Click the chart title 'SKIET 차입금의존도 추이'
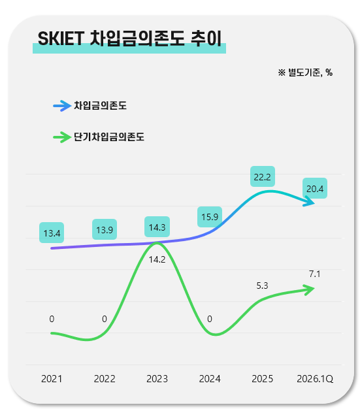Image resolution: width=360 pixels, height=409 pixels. click(x=129, y=39)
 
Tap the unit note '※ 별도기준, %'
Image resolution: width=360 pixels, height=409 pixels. click(x=305, y=73)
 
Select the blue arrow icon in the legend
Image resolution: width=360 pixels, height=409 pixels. click(x=62, y=106)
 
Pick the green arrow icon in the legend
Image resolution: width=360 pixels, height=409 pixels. click(x=62, y=137)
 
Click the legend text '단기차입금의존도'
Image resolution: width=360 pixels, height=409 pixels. click(x=109, y=137)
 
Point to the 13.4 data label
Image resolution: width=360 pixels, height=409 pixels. click(x=52, y=233)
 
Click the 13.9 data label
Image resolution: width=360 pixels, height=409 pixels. click(x=105, y=229)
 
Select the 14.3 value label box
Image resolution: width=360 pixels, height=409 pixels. click(x=157, y=227)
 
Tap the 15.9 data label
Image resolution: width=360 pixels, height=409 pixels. click(x=210, y=217)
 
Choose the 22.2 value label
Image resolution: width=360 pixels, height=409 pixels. click(x=263, y=176)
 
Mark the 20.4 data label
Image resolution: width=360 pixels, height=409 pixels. click(x=315, y=188)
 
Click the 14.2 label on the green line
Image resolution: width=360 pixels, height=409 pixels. click(x=157, y=259)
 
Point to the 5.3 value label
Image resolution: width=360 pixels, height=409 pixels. click(x=262, y=286)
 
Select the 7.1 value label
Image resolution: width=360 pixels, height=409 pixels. click(x=315, y=274)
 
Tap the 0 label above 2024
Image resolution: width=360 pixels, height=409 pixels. click(x=210, y=319)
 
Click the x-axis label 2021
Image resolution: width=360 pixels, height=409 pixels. click(x=52, y=379)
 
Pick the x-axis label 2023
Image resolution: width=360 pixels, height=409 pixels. click(x=157, y=379)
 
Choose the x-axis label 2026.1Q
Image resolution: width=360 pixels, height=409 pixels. click(x=315, y=379)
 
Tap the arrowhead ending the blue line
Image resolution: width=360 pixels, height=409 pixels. click(x=310, y=202)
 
